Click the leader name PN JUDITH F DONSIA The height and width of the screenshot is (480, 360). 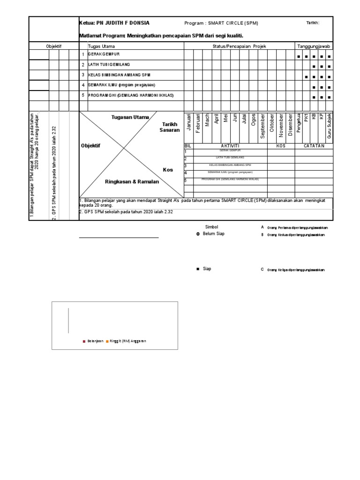click(123, 23)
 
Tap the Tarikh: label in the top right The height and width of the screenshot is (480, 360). click(313, 23)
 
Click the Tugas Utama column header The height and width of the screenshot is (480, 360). click(101, 46)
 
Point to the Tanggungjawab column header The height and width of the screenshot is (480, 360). click(314, 46)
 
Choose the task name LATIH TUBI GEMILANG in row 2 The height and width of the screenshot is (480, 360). click(109, 64)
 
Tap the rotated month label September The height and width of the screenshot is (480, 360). click(262, 126)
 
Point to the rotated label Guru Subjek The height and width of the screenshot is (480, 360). click(330, 125)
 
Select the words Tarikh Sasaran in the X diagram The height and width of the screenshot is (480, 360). click(169, 127)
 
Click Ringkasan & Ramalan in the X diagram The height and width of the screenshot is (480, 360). click(131, 181)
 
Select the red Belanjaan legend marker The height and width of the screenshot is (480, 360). click(83, 341)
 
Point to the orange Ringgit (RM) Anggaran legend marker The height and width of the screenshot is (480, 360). click(107, 341)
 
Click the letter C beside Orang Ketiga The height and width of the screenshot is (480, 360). click(262, 270)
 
